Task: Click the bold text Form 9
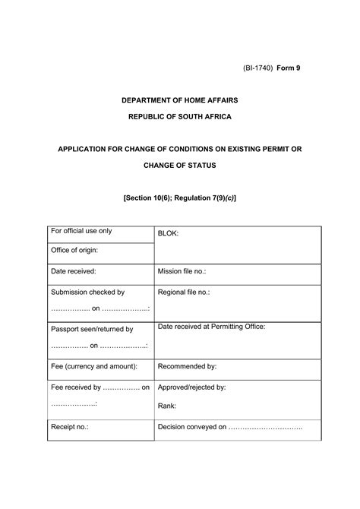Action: click(x=289, y=68)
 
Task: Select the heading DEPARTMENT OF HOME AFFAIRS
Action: click(x=180, y=100)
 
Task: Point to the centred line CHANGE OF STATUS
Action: click(x=180, y=164)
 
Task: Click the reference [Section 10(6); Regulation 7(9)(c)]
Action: click(x=180, y=197)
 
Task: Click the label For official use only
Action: click(x=81, y=230)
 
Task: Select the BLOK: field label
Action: click(x=168, y=233)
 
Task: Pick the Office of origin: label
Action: click(x=74, y=250)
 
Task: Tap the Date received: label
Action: click(x=74, y=270)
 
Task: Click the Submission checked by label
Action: click(x=87, y=292)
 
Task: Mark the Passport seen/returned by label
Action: click(x=92, y=329)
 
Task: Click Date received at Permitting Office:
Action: click(x=211, y=327)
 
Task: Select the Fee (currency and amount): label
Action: click(x=94, y=366)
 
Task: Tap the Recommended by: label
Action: click(x=188, y=366)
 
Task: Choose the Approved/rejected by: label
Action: click(x=191, y=387)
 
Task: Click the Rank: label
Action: click(x=167, y=406)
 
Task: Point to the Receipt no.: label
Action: click(x=70, y=427)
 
